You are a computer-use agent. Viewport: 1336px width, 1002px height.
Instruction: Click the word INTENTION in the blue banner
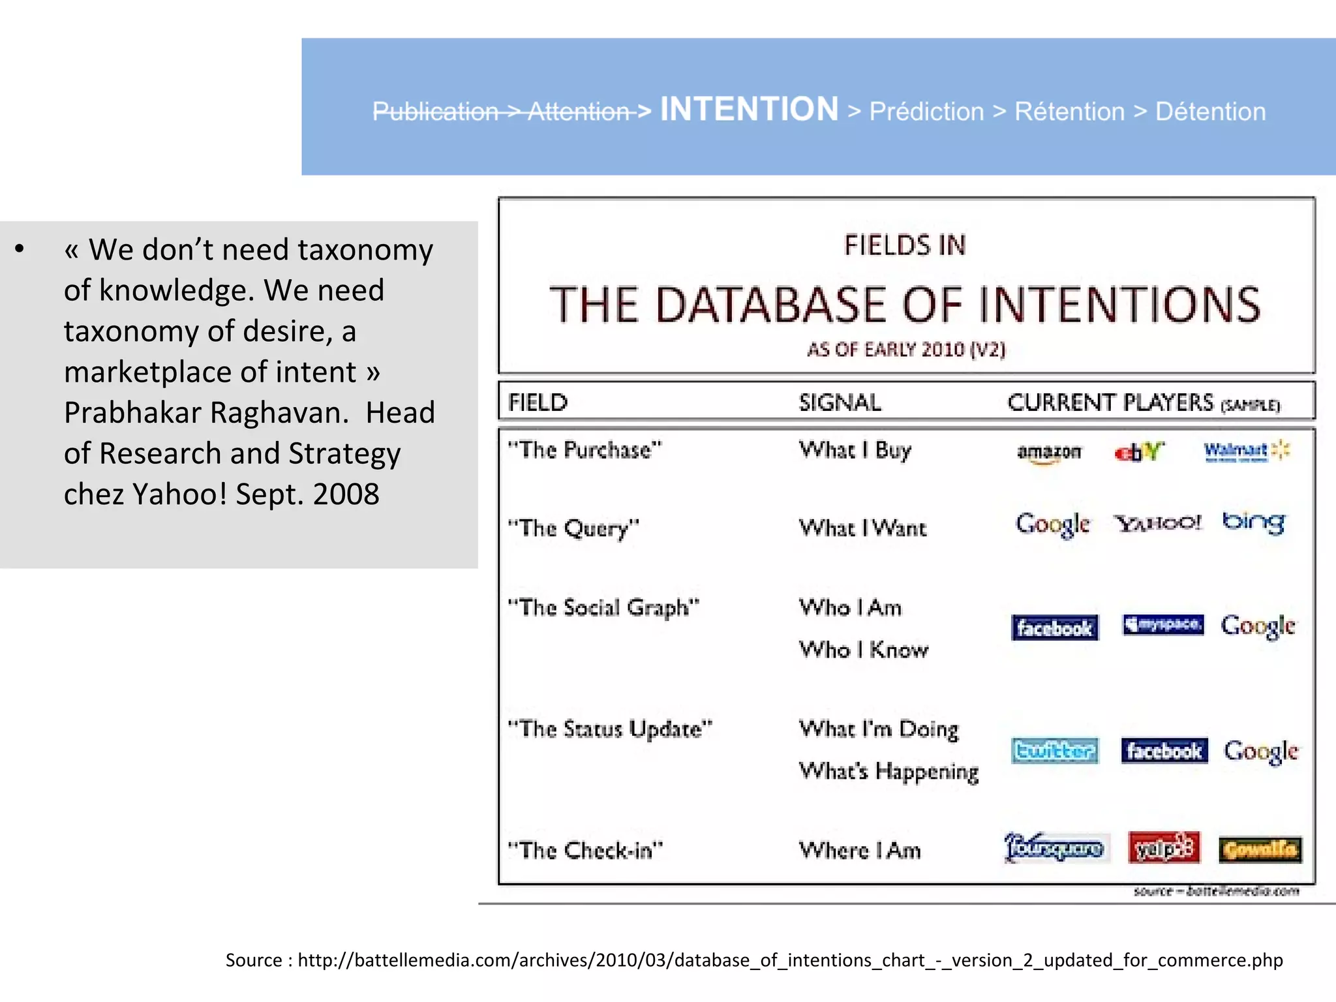click(749, 109)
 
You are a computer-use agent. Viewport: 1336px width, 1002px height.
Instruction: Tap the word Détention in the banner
click(1210, 112)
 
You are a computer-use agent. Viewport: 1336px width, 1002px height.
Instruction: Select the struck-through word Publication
click(435, 112)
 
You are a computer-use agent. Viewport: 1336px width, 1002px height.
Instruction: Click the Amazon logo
click(1048, 452)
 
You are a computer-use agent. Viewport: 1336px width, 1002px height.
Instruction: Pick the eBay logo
click(1139, 451)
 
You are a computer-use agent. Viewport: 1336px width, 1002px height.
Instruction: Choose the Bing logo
click(1254, 523)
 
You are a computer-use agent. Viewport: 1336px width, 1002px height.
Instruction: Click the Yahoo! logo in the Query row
click(1157, 523)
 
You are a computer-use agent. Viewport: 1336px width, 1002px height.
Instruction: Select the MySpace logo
click(1163, 625)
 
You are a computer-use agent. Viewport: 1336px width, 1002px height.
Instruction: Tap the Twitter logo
click(1054, 751)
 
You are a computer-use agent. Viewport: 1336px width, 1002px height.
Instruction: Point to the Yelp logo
click(1164, 848)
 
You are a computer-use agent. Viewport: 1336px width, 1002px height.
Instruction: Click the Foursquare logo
click(1055, 848)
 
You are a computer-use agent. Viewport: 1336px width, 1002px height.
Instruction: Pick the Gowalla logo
click(1260, 849)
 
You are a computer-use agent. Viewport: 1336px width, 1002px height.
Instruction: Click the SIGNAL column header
click(840, 402)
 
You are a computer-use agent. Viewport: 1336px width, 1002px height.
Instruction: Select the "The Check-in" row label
click(585, 850)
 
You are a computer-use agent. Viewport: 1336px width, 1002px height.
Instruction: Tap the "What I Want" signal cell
click(862, 528)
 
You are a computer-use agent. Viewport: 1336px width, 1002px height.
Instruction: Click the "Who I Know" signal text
click(863, 650)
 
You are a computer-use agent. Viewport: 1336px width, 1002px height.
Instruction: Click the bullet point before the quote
click(20, 249)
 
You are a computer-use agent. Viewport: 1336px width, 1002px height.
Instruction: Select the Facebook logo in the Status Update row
click(1164, 751)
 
